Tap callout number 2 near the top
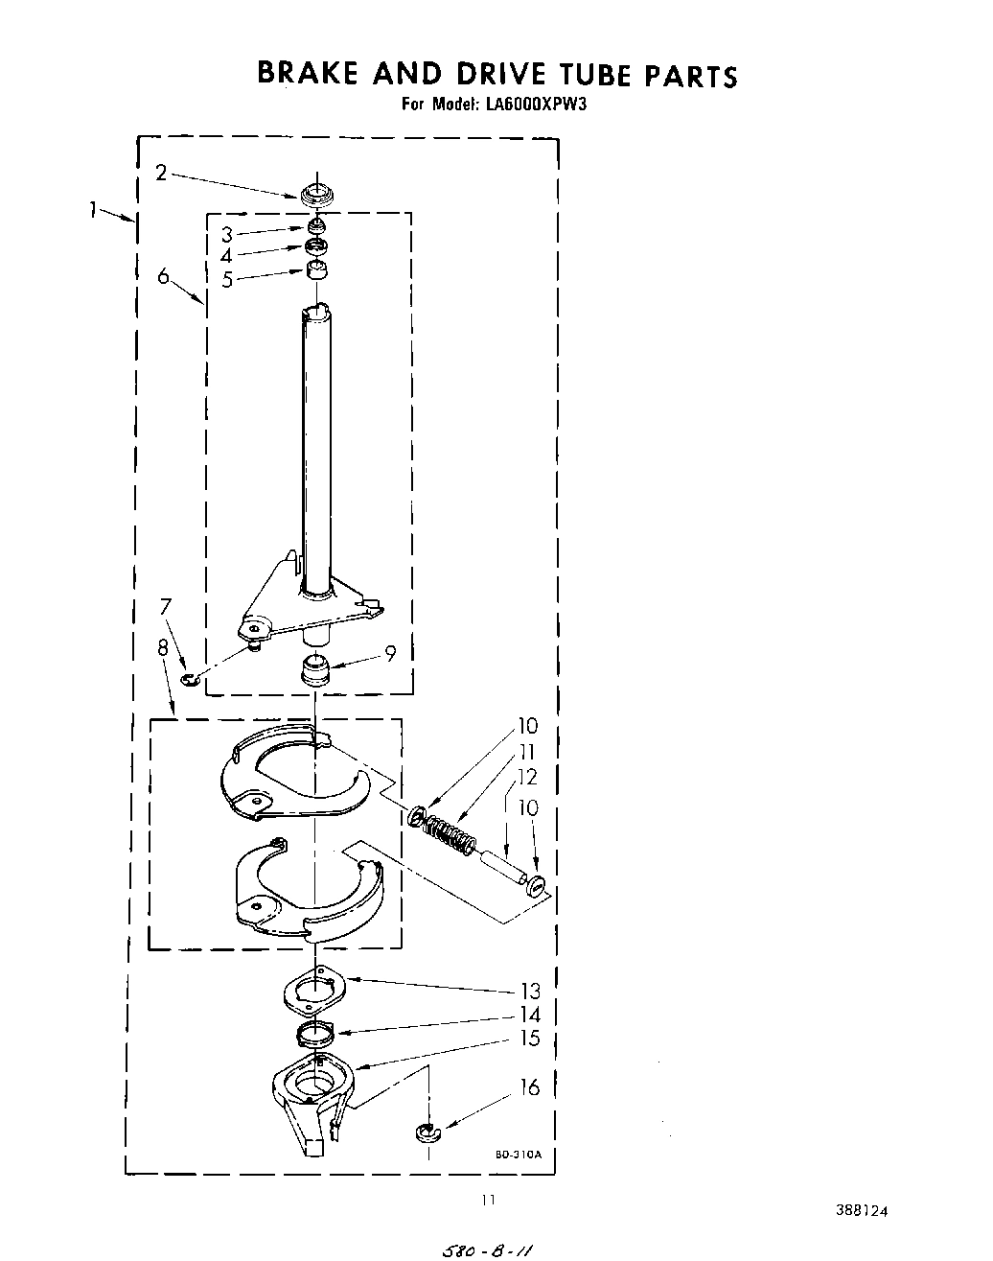pyautogui.click(x=161, y=173)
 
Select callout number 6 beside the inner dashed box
pyautogui.click(x=164, y=276)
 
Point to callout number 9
pyautogui.click(x=391, y=654)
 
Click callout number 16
pyautogui.click(x=529, y=1087)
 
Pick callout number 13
pyautogui.click(x=530, y=992)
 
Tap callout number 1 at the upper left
pyautogui.click(x=94, y=209)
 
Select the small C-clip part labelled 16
pyautogui.click(x=426, y=1134)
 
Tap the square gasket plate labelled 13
pyautogui.click(x=314, y=991)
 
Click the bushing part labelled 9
pyautogui.click(x=315, y=669)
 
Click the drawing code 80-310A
pyautogui.click(x=519, y=1155)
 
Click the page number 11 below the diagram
pyautogui.click(x=489, y=1200)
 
